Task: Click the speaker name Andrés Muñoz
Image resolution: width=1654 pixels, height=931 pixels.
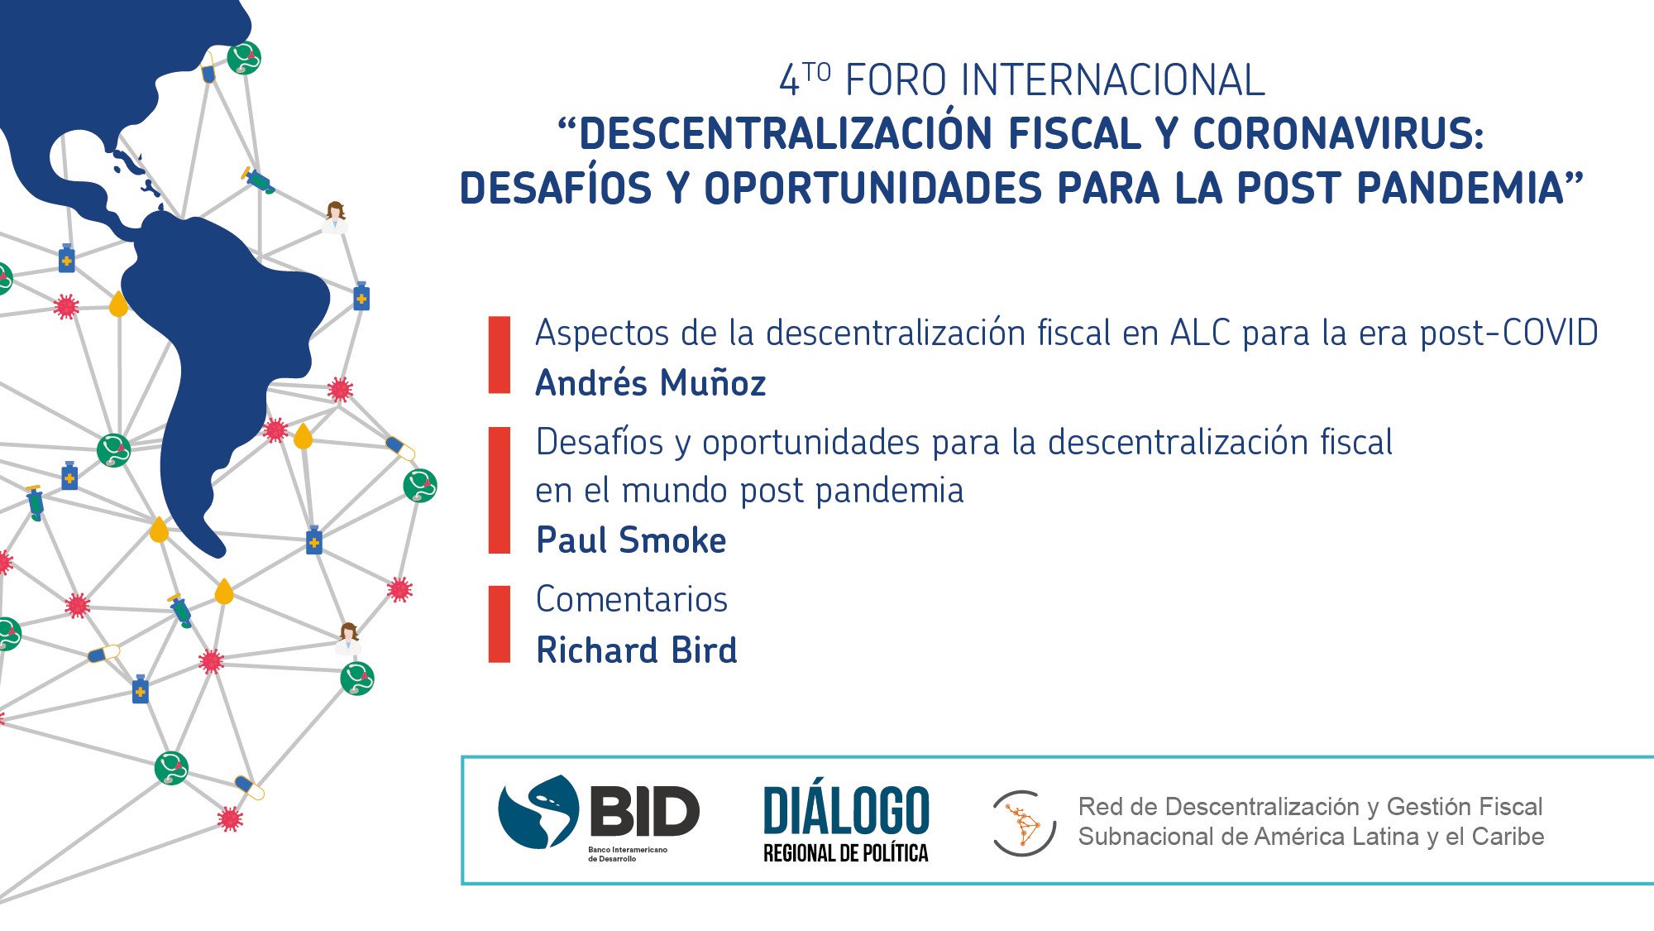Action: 651,383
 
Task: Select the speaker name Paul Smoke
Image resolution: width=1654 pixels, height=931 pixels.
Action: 631,540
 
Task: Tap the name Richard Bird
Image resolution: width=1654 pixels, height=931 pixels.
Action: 636,650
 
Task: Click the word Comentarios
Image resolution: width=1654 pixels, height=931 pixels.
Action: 632,599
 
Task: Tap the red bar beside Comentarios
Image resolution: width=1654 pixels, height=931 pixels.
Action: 500,624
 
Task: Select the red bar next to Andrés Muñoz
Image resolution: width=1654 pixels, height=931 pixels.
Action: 500,354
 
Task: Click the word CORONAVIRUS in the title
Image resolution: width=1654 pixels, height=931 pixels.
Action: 1338,134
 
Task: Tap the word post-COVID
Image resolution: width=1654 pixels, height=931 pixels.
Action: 1509,334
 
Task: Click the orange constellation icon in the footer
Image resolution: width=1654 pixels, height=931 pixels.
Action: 1024,823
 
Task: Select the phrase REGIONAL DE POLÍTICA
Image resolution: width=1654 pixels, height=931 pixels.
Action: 846,853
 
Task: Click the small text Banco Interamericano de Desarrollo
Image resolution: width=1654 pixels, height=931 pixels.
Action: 628,854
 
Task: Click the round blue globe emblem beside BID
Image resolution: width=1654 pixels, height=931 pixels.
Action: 538,812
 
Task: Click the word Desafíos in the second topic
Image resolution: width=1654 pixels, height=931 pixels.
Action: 600,442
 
